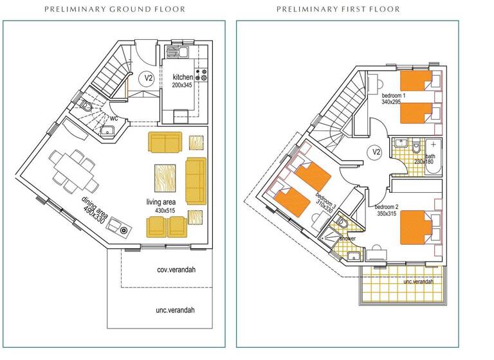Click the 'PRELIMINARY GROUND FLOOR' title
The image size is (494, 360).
[114, 10]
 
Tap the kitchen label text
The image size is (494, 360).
[183, 77]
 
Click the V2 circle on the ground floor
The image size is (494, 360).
[148, 78]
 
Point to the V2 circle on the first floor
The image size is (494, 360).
[374, 152]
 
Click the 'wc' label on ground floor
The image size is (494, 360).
[113, 118]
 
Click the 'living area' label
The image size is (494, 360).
[161, 203]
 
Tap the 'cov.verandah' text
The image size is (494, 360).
[176, 269]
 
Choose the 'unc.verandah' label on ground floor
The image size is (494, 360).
[176, 310]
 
